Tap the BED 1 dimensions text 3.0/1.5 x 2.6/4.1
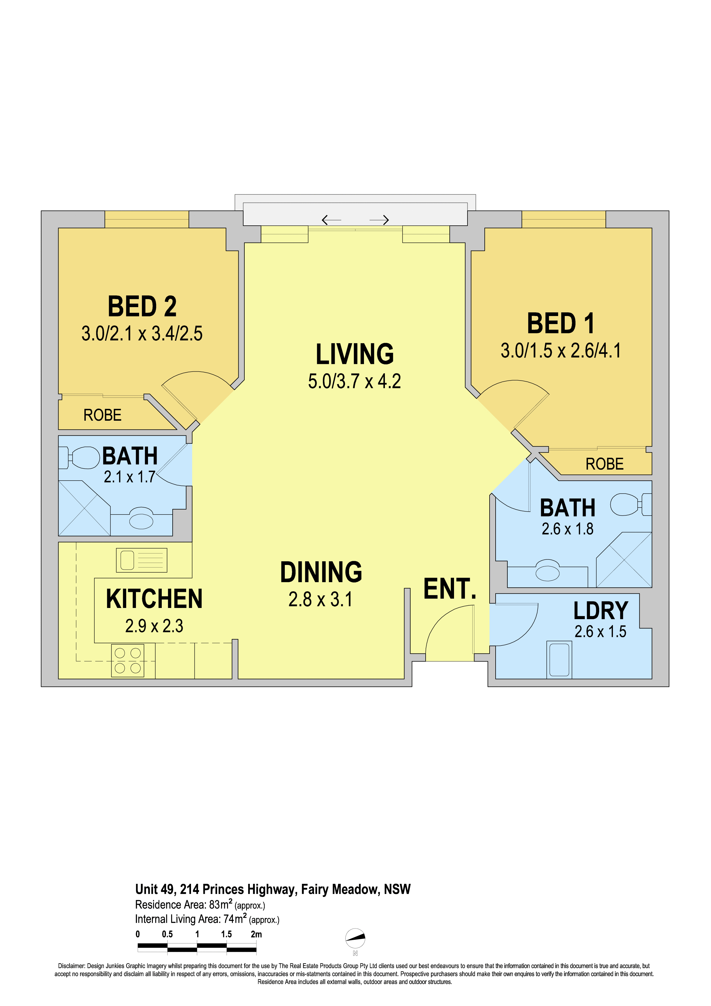(x=561, y=350)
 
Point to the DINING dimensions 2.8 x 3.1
(x=320, y=599)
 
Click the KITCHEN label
(x=154, y=599)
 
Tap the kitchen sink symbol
(x=141, y=560)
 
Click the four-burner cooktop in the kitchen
(x=127, y=660)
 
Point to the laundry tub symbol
(x=560, y=659)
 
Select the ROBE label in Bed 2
(x=102, y=415)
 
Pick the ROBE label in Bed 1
(x=605, y=464)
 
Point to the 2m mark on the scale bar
(x=256, y=934)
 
